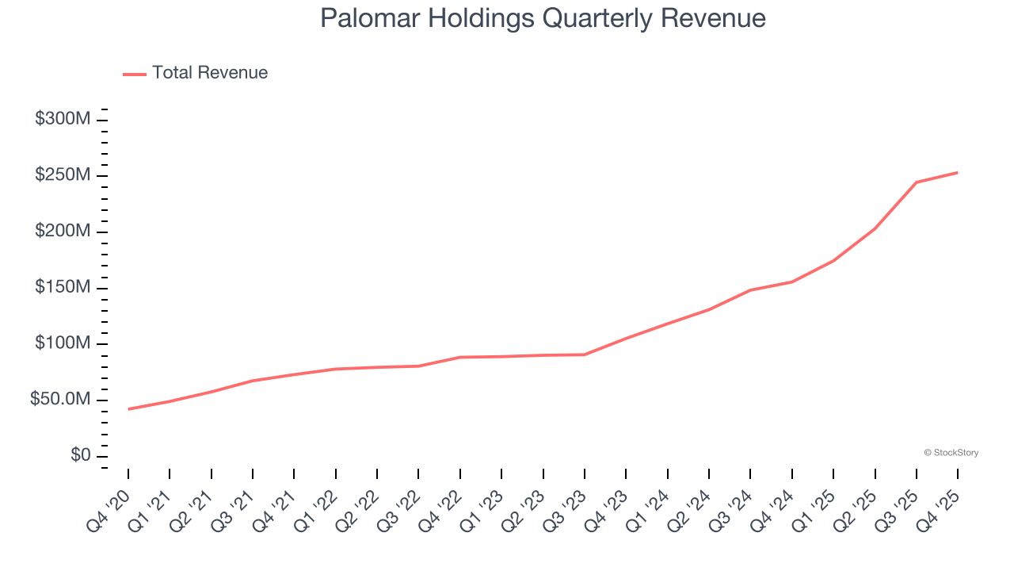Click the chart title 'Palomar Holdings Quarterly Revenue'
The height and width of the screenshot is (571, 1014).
click(x=543, y=18)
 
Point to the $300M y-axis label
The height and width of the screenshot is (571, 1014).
click(x=63, y=120)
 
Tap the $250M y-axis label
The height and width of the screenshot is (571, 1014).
click(x=63, y=175)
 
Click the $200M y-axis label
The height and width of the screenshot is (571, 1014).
click(x=63, y=232)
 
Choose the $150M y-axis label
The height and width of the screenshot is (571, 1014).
click(x=63, y=287)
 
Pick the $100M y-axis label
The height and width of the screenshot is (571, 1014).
click(x=63, y=343)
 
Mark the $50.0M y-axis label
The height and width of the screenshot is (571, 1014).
click(x=60, y=400)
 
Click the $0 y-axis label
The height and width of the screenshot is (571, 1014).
click(x=80, y=456)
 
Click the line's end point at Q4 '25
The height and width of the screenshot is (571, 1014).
click(x=958, y=172)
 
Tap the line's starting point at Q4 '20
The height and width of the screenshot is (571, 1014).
click(x=128, y=409)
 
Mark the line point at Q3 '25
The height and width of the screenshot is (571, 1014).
click(x=917, y=182)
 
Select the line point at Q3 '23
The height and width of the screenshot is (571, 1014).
click(x=585, y=354)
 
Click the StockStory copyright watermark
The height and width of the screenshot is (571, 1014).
click(x=951, y=453)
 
